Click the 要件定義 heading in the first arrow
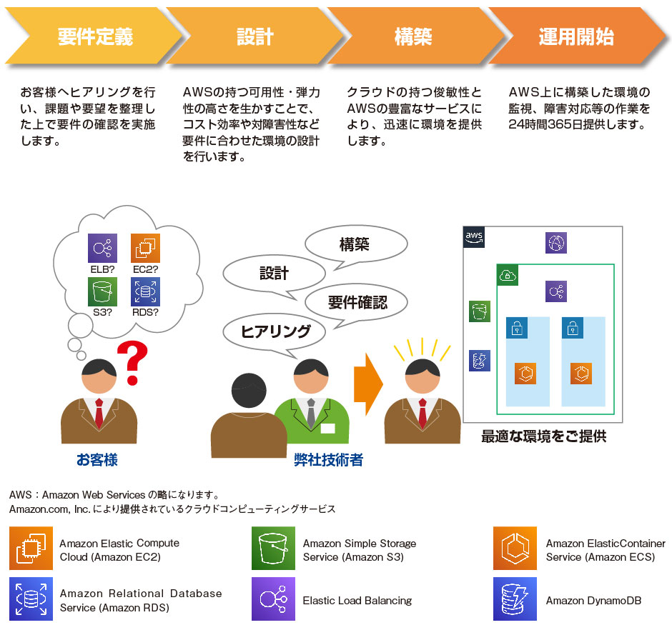tap(96, 37)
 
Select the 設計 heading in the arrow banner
tap(255, 37)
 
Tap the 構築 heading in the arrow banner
tap(412, 37)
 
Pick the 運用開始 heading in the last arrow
tap(576, 37)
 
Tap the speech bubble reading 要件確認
tap(357, 302)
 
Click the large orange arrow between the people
tap(368, 386)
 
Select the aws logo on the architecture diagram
tap(474, 237)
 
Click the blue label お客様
tap(97, 460)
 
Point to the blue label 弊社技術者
tap(329, 460)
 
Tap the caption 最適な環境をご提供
tap(543, 436)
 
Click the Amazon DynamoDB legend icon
tap(515, 599)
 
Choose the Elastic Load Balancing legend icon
tap(273, 599)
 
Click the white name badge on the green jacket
tap(327, 429)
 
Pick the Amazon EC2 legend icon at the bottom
tap(31, 549)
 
